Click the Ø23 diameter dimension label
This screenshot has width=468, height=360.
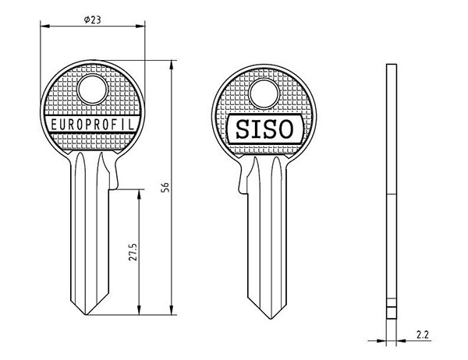tap(93, 20)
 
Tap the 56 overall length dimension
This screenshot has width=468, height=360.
tap(165, 187)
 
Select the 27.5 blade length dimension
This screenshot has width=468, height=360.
tap(133, 252)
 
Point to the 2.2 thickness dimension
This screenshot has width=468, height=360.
tap(423, 334)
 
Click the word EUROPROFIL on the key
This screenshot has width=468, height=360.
tap(93, 125)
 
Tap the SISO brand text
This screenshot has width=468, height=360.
tap(264, 129)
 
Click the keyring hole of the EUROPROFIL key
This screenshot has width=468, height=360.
tap(93, 90)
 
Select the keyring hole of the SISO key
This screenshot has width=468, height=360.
tap(264, 94)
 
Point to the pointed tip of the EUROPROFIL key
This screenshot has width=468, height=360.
tap(87, 315)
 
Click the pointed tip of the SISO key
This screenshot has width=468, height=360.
tap(271, 319)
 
